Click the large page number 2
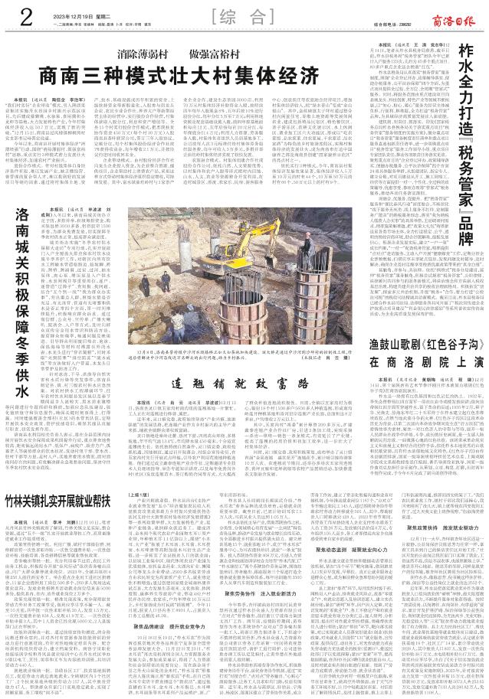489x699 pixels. tap(15, 16)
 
